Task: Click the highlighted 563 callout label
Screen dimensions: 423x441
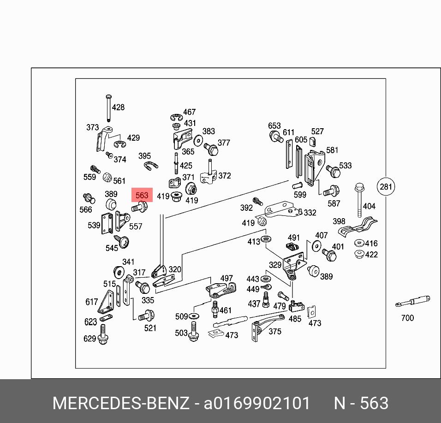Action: point(142,195)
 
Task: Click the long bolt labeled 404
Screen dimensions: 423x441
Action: point(359,200)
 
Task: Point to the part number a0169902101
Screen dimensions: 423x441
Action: point(257,403)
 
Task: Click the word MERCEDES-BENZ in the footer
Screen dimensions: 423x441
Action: point(121,403)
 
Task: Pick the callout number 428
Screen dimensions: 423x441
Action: point(119,107)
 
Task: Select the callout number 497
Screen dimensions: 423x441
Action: point(226,278)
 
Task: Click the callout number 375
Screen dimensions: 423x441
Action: point(275,331)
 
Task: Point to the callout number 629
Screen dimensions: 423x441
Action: point(89,339)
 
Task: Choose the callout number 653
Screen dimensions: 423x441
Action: point(274,126)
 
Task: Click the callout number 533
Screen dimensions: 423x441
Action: point(345,166)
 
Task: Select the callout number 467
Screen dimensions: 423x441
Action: point(189,112)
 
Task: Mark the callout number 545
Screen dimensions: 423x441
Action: point(112,248)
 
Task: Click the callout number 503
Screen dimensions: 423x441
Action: point(181,333)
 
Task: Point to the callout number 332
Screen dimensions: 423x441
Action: point(310,213)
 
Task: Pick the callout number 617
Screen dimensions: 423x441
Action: point(91,302)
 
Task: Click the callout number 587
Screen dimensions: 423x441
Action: point(334,203)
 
